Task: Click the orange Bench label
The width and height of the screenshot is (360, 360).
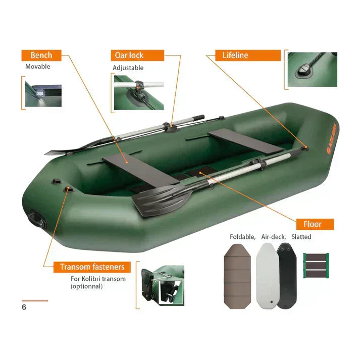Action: pyautogui.click(x=41, y=56)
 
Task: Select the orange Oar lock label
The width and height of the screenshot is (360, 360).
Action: pyautogui.click(x=137, y=56)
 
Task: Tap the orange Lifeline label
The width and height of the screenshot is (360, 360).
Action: pyautogui.click(x=248, y=56)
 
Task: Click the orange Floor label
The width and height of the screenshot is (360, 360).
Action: pyautogui.click(x=315, y=224)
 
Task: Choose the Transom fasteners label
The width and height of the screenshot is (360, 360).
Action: pyautogui.click(x=92, y=267)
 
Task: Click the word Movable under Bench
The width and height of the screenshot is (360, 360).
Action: pyautogui.click(x=38, y=67)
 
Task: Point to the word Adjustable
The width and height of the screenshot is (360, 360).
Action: pyautogui.click(x=128, y=68)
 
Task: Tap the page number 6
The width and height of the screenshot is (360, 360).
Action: pyautogui.click(x=24, y=307)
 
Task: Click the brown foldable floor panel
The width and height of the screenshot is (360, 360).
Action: pyautogui.click(x=237, y=276)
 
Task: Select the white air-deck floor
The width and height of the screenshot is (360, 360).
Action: pyautogui.click(x=267, y=276)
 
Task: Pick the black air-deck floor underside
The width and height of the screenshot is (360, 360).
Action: pyautogui.click(x=287, y=276)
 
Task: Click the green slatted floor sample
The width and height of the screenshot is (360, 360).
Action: pyautogui.click(x=316, y=266)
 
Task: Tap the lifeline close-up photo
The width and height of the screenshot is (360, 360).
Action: pyautogui.click(x=312, y=69)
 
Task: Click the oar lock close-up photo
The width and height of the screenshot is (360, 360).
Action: pyautogui.click(x=139, y=92)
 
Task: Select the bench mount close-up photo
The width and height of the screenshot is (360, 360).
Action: pyautogui.click(x=43, y=94)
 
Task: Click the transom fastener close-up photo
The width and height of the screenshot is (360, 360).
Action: pyautogui.click(x=163, y=286)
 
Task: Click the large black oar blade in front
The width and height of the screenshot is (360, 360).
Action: pyautogui.click(x=162, y=200)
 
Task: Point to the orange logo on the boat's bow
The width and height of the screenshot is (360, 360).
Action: pyautogui.click(x=331, y=138)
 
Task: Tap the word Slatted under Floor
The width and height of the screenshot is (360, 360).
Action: pyautogui.click(x=301, y=237)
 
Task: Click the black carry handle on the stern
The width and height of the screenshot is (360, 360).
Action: pyautogui.click(x=37, y=218)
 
